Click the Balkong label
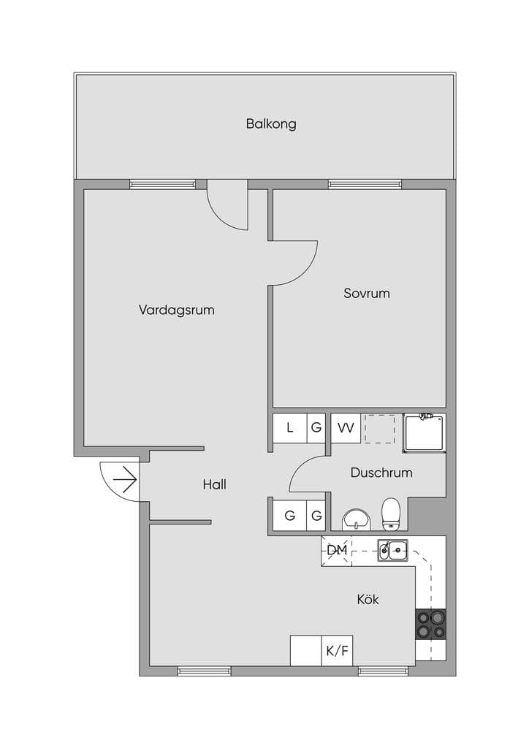click(x=271, y=124)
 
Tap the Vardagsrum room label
click(x=177, y=310)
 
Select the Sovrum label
click(x=366, y=293)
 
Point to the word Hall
click(x=214, y=485)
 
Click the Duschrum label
click(x=381, y=473)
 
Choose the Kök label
click(x=368, y=599)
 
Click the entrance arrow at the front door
click(x=125, y=479)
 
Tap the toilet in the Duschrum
click(x=391, y=514)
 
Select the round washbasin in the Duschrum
click(x=356, y=519)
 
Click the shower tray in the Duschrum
click(x=424, y=433)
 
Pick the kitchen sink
click(x=392, y=550)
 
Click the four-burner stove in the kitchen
click(x=431, y=625)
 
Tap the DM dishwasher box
click(x=336, y=551)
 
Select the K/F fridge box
click(x=338, y=651)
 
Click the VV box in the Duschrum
click(x=346, y=428)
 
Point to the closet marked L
click(x=289, y=428)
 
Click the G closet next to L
click(x=316, y=428)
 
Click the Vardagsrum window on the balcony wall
click(x=163, y=184)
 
